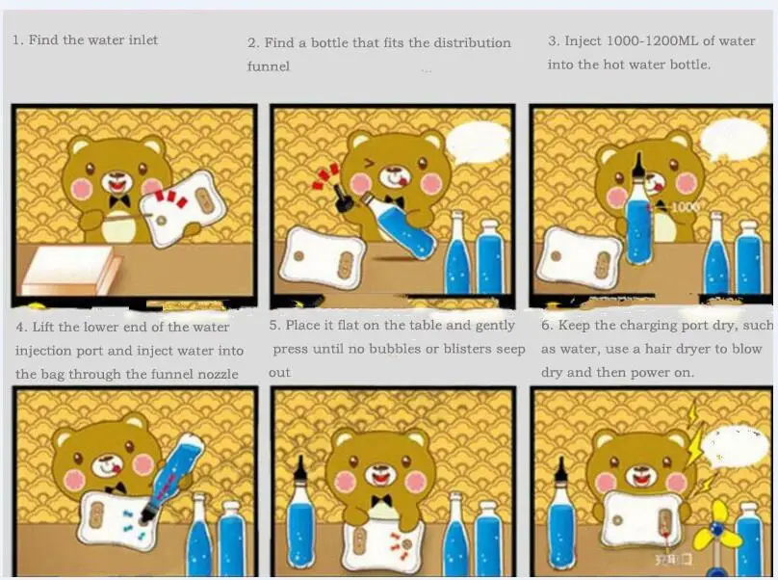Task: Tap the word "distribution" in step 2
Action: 473,42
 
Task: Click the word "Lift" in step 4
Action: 43,327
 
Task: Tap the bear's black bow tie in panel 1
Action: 119,201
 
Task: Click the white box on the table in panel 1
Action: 69,270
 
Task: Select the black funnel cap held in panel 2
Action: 343,201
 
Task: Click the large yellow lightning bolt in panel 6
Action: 694,438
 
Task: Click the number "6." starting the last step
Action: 547,326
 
